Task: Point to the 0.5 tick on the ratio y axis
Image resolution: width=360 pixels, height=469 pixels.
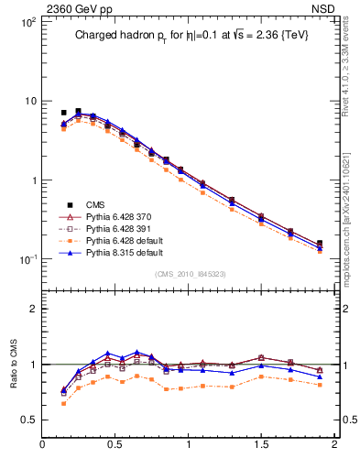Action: (28, 420)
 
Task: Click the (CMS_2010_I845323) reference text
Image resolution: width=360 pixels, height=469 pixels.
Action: (189, 274)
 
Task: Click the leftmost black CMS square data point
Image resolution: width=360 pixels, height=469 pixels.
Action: (63, 113)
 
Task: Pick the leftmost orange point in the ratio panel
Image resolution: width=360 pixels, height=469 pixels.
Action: (63, 403)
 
